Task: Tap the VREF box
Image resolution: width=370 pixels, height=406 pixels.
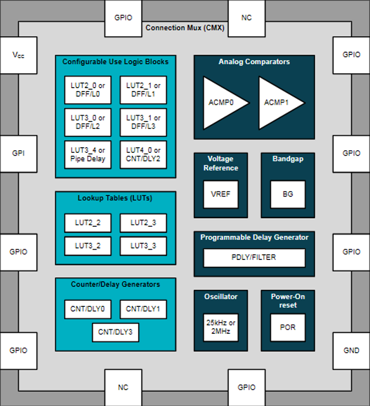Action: [221, 194]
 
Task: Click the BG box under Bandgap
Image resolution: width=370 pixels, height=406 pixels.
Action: [288, 194]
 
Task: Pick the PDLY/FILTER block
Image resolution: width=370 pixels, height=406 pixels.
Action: [254, 258]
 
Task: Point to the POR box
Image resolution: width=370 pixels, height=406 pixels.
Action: [288, 328]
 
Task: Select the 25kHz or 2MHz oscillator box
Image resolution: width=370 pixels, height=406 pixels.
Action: [221, 328]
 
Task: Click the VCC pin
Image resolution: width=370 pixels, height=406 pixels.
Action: [18, 55]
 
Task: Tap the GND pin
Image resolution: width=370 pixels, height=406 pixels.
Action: [351, 350]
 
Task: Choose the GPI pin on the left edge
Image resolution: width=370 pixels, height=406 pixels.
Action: [18, 153]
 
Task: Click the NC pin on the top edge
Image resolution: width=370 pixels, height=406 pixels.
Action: [247, 18]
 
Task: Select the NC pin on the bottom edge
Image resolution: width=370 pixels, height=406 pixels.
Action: [123, 388]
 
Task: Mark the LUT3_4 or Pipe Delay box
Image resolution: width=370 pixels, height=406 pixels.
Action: [88, 155]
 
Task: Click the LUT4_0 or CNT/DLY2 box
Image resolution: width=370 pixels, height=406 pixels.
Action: [143, 155]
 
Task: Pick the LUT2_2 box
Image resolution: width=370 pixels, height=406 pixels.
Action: [88, 223]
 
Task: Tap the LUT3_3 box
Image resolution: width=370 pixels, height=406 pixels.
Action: [143, 246]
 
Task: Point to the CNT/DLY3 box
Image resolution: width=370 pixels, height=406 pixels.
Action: [115, 332]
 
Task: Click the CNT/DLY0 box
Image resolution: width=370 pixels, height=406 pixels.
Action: [88, 309]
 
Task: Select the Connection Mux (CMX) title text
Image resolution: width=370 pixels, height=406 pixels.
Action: [185, 27]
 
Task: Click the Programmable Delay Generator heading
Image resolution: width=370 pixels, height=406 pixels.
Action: [254, 237]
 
